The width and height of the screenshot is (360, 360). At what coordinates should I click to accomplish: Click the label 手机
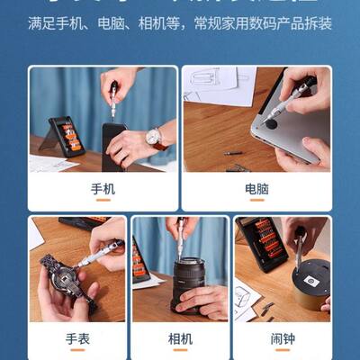pos(103,191)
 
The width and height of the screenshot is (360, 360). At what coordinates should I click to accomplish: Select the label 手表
pos(76,339)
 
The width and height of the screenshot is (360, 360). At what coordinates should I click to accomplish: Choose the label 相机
pos(180,339)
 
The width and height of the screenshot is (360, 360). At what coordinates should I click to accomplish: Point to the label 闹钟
pos(283,339)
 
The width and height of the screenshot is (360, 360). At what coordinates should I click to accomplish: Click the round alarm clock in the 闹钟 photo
pos(304,283)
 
